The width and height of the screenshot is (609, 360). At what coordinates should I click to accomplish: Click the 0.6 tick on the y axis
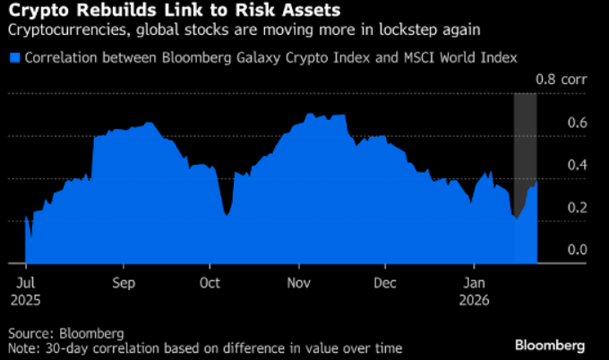[x=576, y=123]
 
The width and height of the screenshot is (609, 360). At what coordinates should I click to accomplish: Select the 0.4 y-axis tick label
[x=576, y=166]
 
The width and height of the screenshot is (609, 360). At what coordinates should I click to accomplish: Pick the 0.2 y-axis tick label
[x=576, y=208]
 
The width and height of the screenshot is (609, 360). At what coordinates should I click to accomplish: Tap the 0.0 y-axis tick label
[x=576, y=250]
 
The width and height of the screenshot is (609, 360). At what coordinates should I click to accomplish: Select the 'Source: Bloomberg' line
[x=65, y=333]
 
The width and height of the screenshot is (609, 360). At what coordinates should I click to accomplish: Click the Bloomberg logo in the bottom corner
[x=550, y=344]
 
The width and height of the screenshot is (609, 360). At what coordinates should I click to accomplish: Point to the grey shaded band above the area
[x=525, y=134]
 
